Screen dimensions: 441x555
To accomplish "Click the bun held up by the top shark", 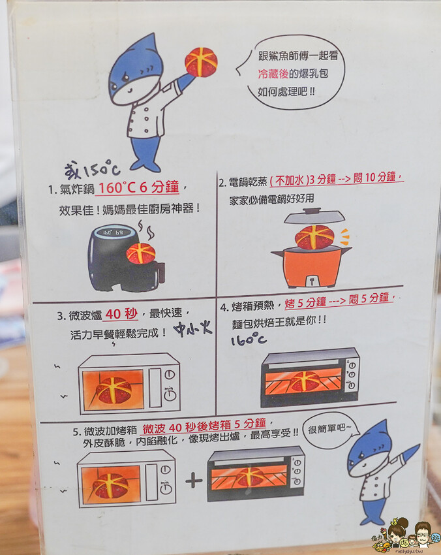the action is (201, 62).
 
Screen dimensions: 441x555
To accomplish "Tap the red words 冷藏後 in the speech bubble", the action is (273, 74).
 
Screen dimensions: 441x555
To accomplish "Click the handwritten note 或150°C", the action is (92, 170).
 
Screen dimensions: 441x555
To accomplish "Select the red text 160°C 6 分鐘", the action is (139, 187).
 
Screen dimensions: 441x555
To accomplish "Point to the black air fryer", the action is (125, 258).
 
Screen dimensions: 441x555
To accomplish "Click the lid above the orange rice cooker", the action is (314, 215).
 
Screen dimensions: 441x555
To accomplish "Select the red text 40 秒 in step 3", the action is (121, 313).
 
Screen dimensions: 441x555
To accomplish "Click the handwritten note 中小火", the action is (192, 329).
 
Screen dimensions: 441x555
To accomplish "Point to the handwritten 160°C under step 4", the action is (249, 340).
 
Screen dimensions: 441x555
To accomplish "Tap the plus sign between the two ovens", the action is (194, 481).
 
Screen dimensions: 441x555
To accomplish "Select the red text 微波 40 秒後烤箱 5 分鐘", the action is (204, 426).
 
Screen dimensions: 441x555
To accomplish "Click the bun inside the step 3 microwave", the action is (114, 390).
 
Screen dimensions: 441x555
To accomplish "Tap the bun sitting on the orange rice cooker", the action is (314, 237).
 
